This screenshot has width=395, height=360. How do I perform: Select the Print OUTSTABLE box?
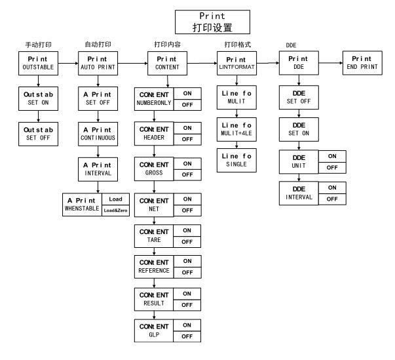37,64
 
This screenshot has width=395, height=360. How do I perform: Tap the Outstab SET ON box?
37,98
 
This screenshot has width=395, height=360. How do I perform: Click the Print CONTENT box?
166,64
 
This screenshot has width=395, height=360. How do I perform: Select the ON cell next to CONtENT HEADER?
187,127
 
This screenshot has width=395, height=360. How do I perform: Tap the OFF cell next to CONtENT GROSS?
187,174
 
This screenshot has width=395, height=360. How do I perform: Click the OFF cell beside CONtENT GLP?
187,336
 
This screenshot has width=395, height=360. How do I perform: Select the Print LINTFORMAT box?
236,64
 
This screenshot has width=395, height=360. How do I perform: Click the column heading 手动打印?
37,45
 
